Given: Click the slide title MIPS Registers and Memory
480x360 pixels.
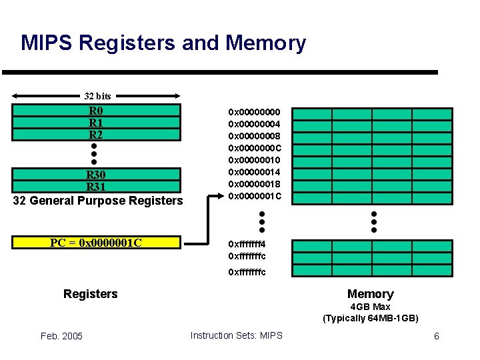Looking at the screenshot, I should pos(163,43).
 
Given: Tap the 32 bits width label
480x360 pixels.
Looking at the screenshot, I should pos(97,96).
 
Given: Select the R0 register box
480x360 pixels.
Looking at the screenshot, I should pos(96,111).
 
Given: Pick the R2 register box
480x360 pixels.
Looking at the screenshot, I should pos(96,134).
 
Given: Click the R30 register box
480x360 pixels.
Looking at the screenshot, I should pos(96,175).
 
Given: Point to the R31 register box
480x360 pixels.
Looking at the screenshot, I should pos(96,187).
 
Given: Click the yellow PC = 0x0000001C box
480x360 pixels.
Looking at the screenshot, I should pos(96,242).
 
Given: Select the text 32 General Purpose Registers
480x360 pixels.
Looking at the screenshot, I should pos(98,200).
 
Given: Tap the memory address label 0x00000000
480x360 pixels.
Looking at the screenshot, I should pos(255,112).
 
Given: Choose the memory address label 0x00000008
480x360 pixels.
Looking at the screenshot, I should pos(255,136).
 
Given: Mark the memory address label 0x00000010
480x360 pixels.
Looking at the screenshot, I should pos(255,160).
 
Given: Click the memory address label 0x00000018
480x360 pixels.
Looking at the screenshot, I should pos(255,184).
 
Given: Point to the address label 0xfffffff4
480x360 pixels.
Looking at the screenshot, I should pos(247,244).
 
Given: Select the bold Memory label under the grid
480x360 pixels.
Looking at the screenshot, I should pos(370,294).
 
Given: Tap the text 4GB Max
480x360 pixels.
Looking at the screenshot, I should pos(370,307).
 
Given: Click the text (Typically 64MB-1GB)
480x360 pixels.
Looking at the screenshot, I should pos(370,318).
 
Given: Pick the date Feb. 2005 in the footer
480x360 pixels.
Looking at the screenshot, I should pos(61,335).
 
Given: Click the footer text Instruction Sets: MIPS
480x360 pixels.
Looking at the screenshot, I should pos(236,335).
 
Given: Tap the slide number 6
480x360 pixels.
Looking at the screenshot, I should pos(436,336).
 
